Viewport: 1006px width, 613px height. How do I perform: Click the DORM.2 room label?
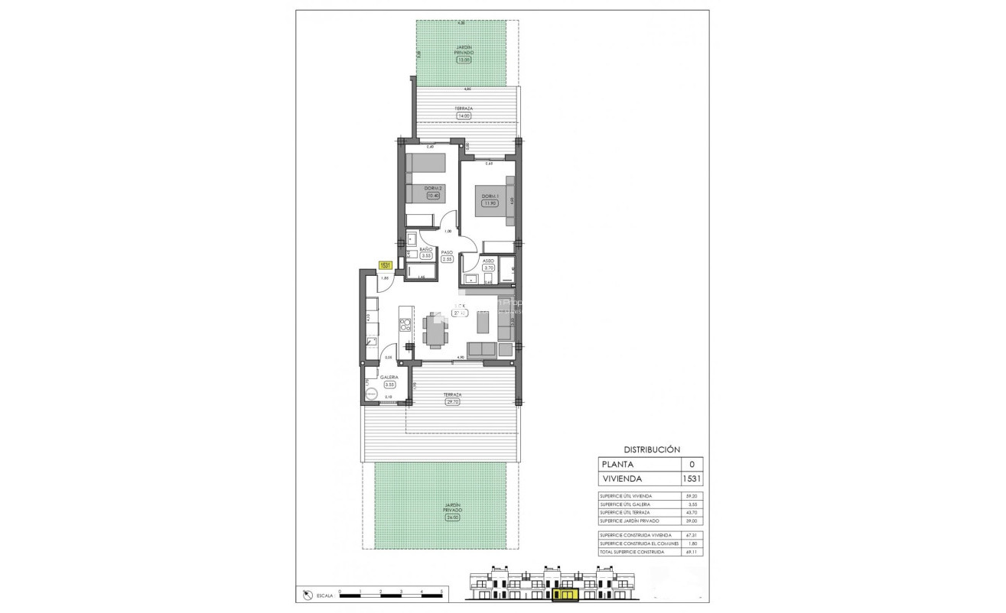pyautogui.click(x=434, y=187)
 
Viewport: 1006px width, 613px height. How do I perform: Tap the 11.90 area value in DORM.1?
pyautogui.click(x=490, y=203)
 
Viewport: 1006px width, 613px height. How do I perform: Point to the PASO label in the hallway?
pyautogui.click(x=447, y=251)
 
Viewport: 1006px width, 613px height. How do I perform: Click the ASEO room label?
pyautogui.click(x=489, y=261)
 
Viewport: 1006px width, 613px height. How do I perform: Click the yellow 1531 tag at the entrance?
pyautogui.click(x=385, y=265)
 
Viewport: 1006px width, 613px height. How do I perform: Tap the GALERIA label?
pyautogui.click(x=389, y=378)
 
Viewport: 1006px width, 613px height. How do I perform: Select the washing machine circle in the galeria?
pyautogui.click(x=372, y=395)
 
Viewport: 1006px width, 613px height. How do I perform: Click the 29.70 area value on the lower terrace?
pyautogui.click(x=452, y=402)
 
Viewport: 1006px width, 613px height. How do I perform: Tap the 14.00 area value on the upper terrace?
pyautogui.click(x=464, y=116)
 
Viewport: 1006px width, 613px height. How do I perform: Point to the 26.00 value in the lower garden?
pyautogui.click(x=452, y=517)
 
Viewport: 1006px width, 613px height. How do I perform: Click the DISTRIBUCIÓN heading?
pyautogui.click(x=652, y=450)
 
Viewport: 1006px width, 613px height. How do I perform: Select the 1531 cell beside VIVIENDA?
pyautogui.click(x=692, y=479)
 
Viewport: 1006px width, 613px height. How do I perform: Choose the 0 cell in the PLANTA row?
pyautogui.click(x=692, y=464)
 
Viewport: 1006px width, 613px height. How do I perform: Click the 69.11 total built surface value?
pyautogui.click(x=692, y=552)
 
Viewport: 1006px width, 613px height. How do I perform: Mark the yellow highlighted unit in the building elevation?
pyautogui.click(x=566, y=594)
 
